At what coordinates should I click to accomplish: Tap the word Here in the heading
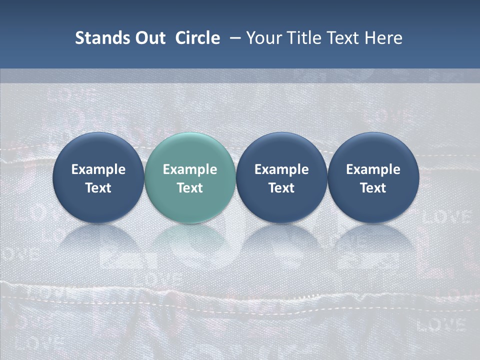[x=384, y=38]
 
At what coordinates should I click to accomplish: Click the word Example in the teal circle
[x=189, y=169]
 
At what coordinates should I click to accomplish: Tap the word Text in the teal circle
[x=189, y=188]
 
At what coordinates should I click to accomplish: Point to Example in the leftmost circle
[x=98, y=169]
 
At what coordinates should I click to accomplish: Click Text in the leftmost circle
[x=98, y=188]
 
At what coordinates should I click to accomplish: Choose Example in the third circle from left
[x=281, y=169]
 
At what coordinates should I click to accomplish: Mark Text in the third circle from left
[x=281, y=188]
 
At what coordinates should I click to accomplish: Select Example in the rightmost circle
[x=373, y=169]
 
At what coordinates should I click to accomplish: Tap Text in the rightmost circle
[x=373, y=188]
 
